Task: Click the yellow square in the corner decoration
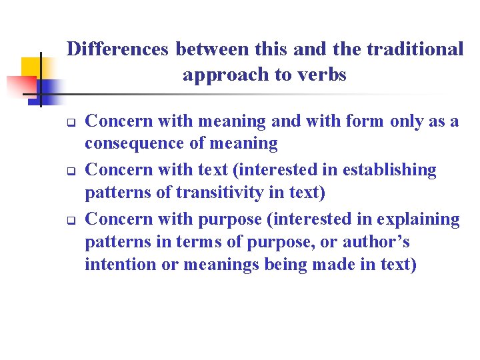(31, 67)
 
